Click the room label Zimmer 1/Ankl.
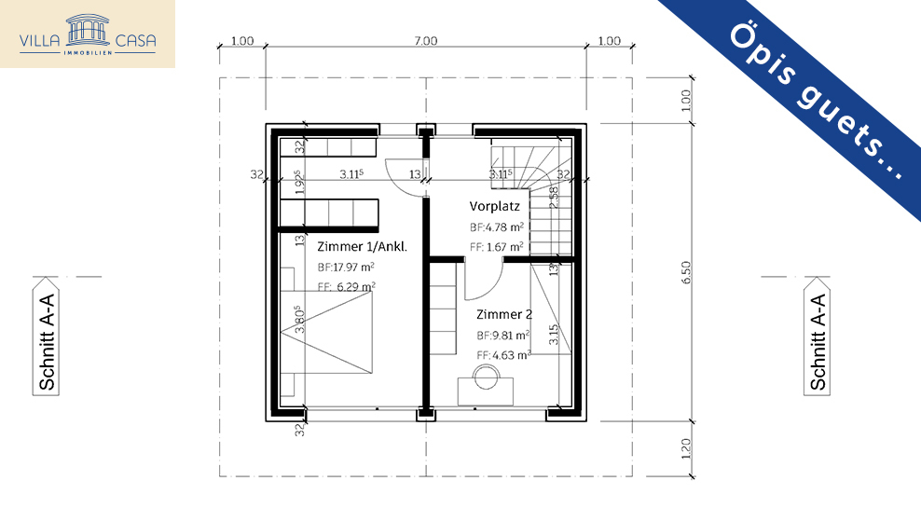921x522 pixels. [363, 247]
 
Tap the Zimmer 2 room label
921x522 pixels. [504, 314]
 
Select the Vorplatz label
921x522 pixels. [494, 206]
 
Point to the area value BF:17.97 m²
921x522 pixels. [346, 267]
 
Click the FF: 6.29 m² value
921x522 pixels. [346, 287]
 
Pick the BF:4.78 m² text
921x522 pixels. [496, 227]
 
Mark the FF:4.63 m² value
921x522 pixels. [503, 354]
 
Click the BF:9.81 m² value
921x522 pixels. [503, 335]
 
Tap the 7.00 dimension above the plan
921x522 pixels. [425, 40]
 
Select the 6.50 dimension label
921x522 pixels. [686, 270]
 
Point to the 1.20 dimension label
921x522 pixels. [686, 448]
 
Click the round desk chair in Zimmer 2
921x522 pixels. [486, 376]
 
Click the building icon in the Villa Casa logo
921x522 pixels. [88, 28]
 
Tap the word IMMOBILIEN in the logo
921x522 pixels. [88, 54]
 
